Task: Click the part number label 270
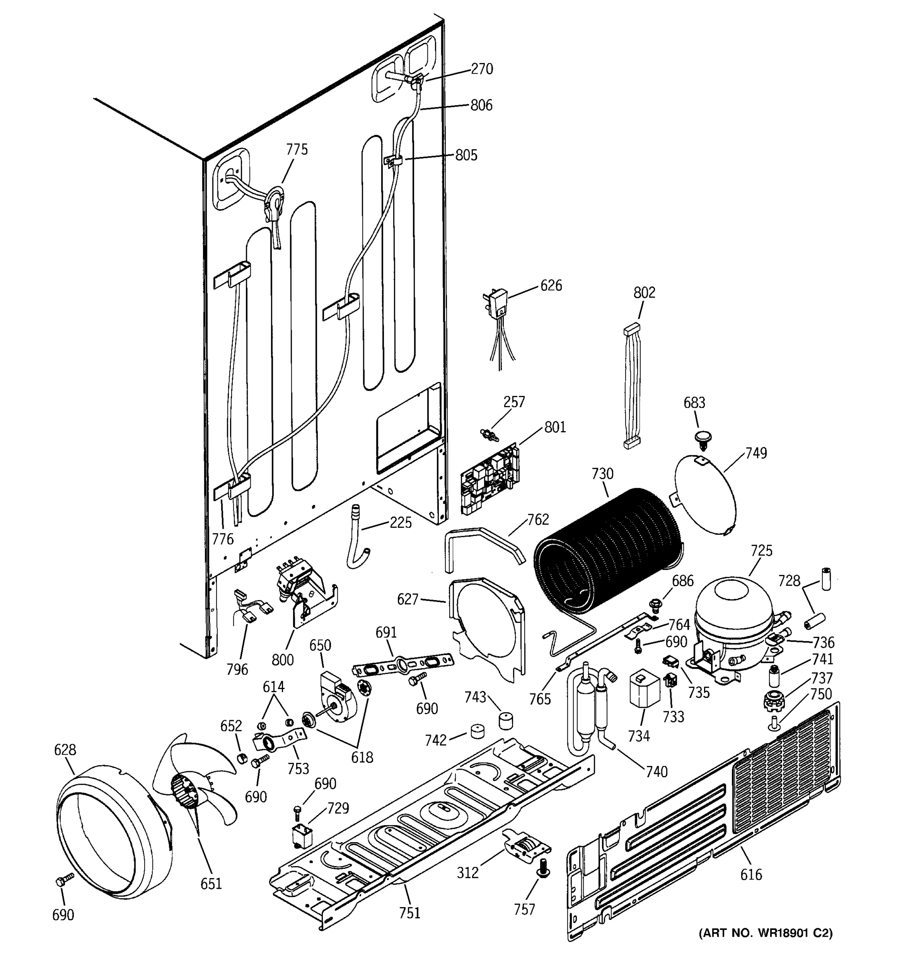[x=482, y=69]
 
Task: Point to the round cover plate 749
[x=705, y=496]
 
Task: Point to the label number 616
[x=751, y=874]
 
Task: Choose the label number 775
[x=297, y=150]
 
